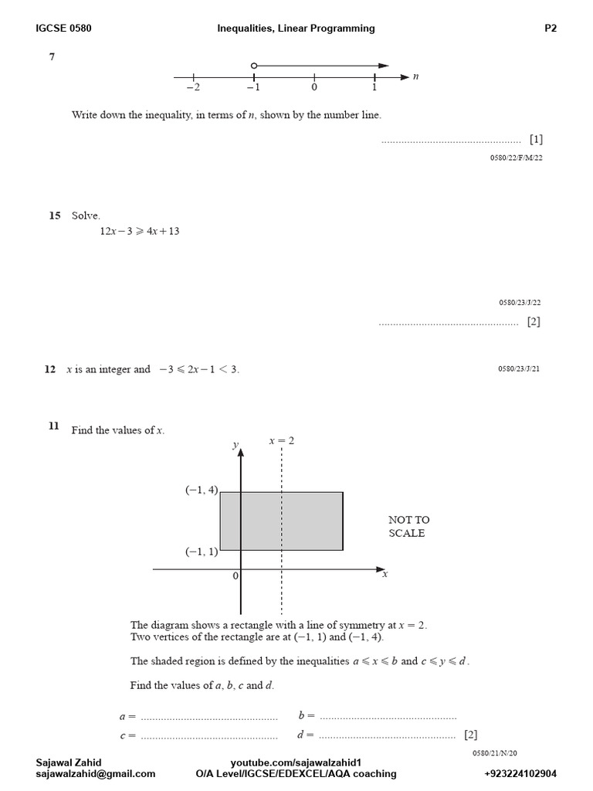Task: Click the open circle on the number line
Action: click(x=254, y=66)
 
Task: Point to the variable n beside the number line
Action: click(x=416, y=76)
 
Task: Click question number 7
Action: click(x=52, y=56)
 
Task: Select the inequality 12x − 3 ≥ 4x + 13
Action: click(x=140, y=231)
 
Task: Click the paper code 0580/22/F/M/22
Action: click(x=516, y=158)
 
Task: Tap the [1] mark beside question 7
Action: click(x=536, y=140)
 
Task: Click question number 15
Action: click(x=54, y=216)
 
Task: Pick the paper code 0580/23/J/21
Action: click(x=519, y=369)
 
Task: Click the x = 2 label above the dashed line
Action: click(x=281, y=440)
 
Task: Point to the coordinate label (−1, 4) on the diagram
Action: click(x=202, y=490)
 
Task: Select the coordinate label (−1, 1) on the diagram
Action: click(x=202, y=552)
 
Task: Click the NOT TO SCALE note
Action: click(x=408, y=526)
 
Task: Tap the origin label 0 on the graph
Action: click(x=236, y=575)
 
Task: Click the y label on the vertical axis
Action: click(x=235, y=446)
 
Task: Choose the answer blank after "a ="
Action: click(x=209, y=717)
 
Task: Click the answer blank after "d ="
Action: click(x=387, y=735)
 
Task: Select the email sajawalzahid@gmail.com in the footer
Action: click(x=96, y=773)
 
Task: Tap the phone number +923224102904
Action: click(x=520, y=773)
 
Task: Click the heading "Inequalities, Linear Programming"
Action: click(x=296, y=29)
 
